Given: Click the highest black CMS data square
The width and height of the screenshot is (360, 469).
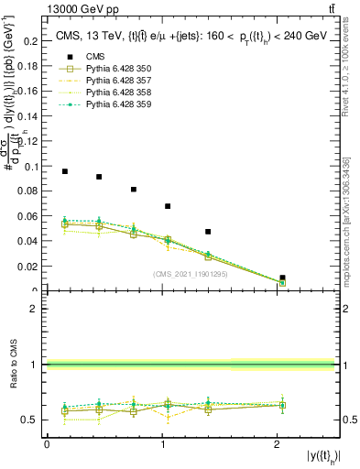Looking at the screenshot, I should tap(65, 171).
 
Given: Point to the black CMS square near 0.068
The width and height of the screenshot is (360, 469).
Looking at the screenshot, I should tap(168, 206).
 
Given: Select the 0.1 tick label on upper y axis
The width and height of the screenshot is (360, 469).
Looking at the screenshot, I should tap(30, 167).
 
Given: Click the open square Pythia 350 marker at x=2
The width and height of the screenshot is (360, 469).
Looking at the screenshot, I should tap(282, 282).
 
